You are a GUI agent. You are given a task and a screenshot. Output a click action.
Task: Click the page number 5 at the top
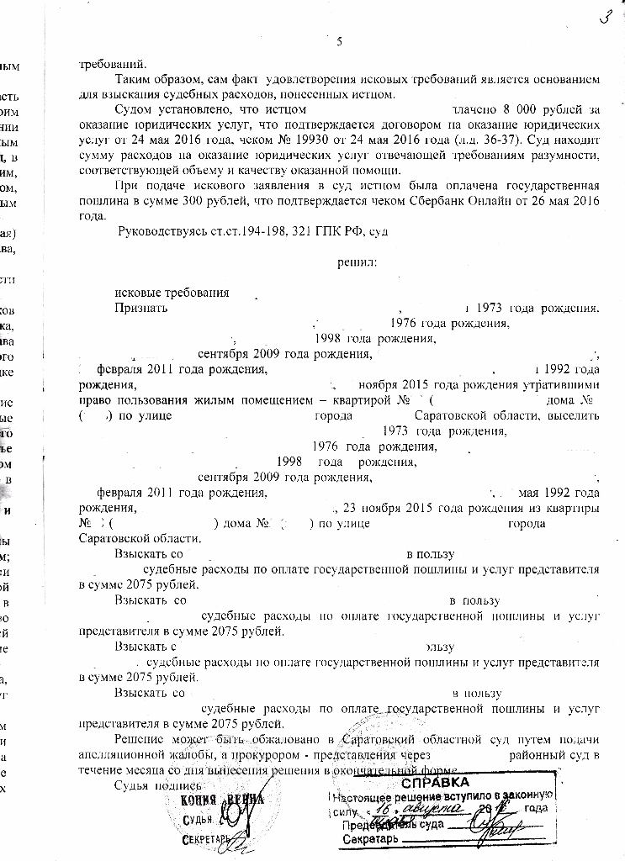(339, 43)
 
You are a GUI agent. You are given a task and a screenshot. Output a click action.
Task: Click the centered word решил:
(357, 261)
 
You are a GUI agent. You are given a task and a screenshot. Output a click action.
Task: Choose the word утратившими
(566, 384)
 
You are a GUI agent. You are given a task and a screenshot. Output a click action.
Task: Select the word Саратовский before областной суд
(376, 740)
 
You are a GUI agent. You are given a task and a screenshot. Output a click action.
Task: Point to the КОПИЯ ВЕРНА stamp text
(221, 800)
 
